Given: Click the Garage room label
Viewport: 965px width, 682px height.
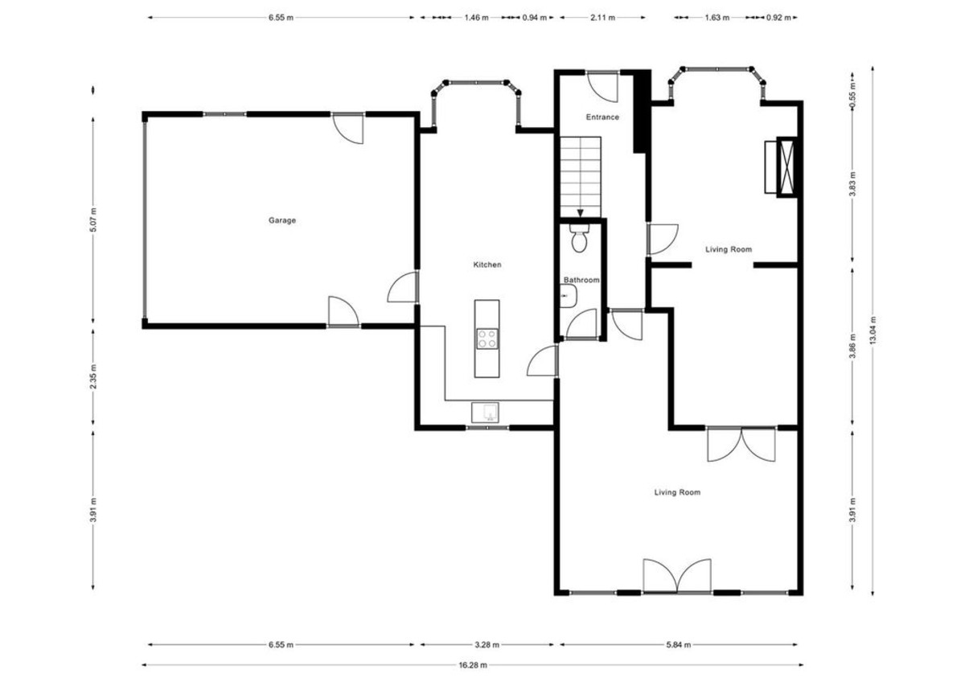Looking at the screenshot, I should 282,220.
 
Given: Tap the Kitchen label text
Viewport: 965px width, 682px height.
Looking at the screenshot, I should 487,265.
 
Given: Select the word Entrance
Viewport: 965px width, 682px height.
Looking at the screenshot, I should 602,117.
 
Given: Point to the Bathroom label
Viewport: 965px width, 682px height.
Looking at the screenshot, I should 581,280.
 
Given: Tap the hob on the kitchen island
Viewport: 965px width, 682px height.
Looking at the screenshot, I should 487,339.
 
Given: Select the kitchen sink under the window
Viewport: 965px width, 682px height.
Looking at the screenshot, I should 486,413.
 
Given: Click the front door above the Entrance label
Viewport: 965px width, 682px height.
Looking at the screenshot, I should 602,84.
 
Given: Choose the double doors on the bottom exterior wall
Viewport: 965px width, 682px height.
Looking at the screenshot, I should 677,576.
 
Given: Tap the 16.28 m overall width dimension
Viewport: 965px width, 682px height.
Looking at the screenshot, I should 473,665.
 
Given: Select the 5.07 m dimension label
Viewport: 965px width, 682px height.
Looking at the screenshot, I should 94,220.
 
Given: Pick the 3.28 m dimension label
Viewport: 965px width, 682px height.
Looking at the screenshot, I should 486,645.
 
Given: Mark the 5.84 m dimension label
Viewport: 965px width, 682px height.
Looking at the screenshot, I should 679,645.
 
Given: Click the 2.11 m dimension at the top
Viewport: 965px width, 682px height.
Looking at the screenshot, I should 602,17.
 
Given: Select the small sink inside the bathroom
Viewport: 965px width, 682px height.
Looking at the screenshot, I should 566,298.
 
